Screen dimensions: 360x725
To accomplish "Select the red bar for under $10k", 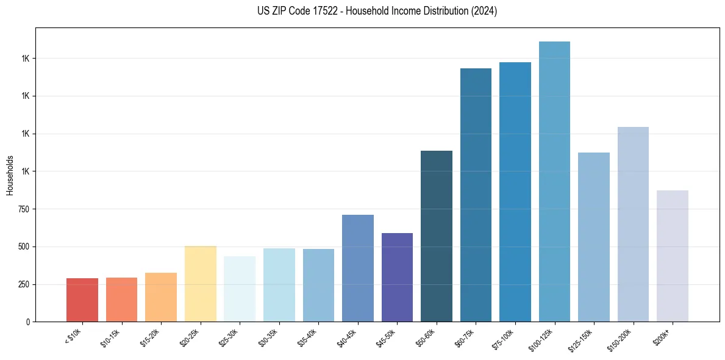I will coord(82,300).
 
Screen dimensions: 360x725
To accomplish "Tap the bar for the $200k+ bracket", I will coord(672,256).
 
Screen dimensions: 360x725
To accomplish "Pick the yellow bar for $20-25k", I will coord(200,284).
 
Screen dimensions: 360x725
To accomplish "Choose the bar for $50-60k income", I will coord(437,236).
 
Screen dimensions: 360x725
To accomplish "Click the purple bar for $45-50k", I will coord(397,278).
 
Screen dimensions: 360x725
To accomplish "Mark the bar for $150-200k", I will coord(633,225).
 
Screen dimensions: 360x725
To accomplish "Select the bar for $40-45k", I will coord(358,268).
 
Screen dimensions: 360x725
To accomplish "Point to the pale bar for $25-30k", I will coord(240,289).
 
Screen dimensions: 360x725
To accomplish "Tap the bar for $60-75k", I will coord(476,195).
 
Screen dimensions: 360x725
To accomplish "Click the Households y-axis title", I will coord(10,175).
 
